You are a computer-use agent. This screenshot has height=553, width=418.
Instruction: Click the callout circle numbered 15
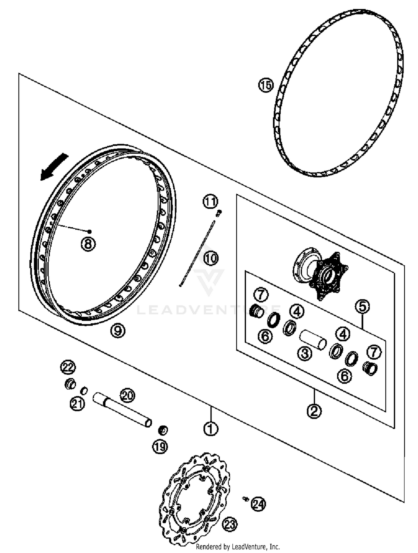coord(266,85)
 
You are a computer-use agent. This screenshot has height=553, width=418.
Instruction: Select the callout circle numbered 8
coord(88,244)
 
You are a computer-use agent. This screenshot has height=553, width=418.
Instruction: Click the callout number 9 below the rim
coord(118,331)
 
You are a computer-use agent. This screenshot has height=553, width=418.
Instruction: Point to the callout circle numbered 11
coord(210,202)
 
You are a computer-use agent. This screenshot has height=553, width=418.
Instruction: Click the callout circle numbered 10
coord(211,258)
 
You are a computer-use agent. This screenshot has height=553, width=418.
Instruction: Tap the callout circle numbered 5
coord(362,307)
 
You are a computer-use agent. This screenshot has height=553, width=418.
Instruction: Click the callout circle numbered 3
coord(305,353)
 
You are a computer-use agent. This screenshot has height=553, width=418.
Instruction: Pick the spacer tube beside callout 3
coord(313,339)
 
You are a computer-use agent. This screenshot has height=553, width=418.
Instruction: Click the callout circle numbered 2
coord(314,411)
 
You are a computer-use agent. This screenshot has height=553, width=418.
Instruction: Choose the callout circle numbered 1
coord(211,429)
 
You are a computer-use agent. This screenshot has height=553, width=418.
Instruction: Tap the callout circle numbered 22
coord(68,367)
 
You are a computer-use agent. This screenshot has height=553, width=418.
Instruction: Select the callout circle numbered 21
coord(77,404)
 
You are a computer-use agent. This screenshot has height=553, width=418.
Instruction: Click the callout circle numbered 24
coord(259,504)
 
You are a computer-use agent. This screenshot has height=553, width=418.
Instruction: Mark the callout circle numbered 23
coord(230,525)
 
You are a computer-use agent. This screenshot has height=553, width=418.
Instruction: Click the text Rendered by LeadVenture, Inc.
coord(237,547)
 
